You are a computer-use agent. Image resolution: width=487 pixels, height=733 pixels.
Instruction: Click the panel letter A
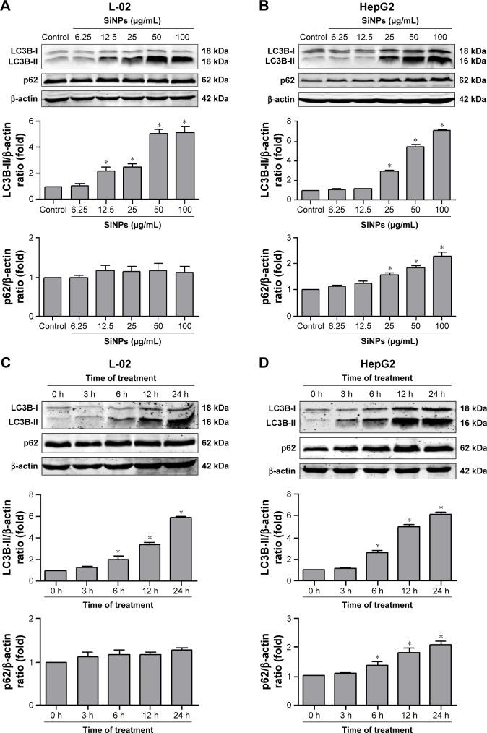click(6, 7)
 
